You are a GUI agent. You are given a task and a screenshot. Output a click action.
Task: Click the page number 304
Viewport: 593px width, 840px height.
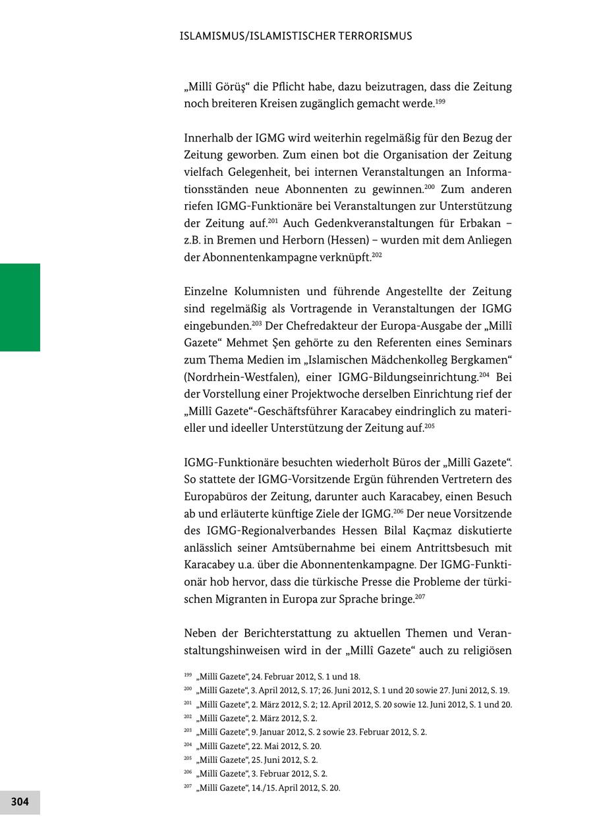pos(20,802)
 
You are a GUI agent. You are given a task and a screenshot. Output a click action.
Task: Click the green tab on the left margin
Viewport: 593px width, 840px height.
pos(20,307)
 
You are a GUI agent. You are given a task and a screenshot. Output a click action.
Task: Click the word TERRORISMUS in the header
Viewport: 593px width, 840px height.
pos(373,36)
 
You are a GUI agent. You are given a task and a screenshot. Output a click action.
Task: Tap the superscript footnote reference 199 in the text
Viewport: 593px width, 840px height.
pos(440,101)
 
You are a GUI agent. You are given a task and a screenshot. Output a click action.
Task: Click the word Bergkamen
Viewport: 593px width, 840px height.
pos(477,360)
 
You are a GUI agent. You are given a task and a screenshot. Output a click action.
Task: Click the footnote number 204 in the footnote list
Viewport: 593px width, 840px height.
pos(188,745)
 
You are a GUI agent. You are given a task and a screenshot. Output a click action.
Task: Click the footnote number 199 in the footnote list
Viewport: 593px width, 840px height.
pos(188,675)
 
